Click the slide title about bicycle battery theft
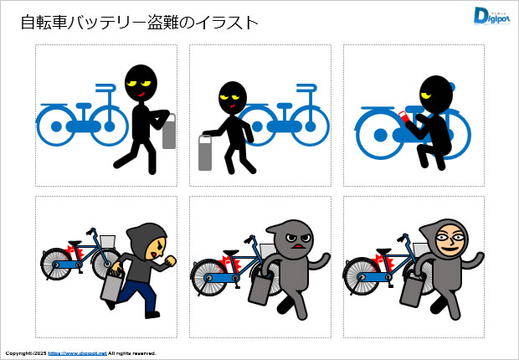click(x=138, y=23)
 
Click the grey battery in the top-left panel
click(x=169, y=133)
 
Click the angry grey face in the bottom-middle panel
click(x=292, y=241)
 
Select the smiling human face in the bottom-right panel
click(x=450, y=243)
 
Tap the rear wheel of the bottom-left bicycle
click(x=57, y=261)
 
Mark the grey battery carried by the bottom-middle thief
click(x=258, y=289)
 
